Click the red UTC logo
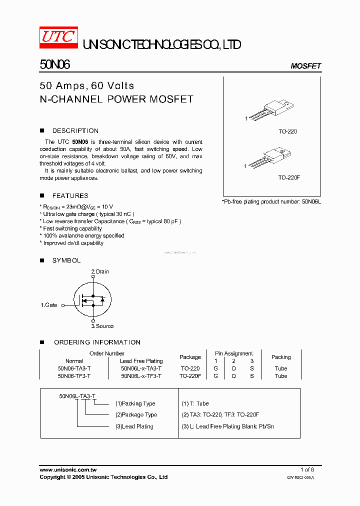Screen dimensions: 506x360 pos(58,37)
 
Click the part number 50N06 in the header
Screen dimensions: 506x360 pos(54,65)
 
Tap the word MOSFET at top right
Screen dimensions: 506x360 pos(305,66)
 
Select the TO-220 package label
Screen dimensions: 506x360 pos(287,131)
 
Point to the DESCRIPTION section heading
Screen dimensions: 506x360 pos(75,131)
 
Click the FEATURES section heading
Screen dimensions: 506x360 pos(70,196)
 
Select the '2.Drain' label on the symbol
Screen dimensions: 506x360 pos(99,271)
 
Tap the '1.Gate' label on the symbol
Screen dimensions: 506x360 pos(49,304)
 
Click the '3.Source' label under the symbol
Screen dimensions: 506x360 pos(102,326)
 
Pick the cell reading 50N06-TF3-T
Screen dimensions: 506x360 pos(74,376)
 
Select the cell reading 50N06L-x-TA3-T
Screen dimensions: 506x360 pos(141,368)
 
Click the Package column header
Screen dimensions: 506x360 pos(190,357)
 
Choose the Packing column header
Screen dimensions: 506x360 pos(281,357)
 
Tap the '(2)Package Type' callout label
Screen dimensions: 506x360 pos(136,414)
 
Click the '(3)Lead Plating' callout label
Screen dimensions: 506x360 pos(134,426)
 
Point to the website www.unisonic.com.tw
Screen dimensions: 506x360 pos(68,469)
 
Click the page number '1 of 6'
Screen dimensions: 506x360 pos(307,469)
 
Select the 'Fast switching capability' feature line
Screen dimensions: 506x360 pos(72,228)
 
